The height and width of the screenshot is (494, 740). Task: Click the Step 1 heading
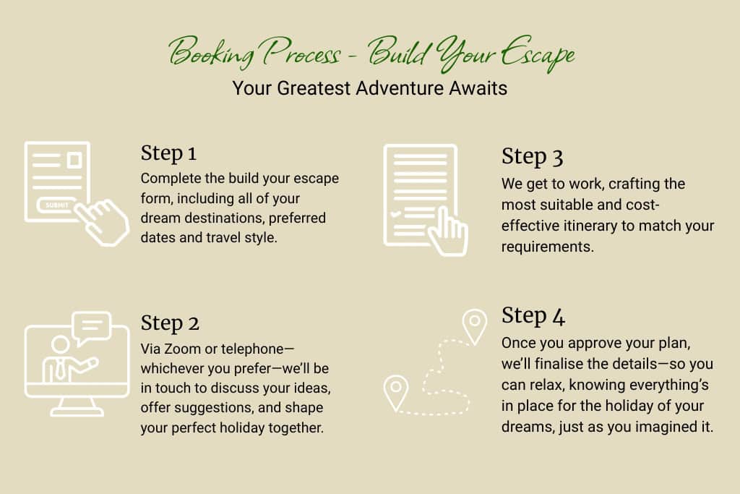click(168, 153)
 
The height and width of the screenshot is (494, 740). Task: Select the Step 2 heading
click(170, 323)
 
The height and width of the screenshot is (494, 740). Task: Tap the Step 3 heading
click(533, 157)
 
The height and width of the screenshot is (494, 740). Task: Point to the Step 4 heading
click(533, 315)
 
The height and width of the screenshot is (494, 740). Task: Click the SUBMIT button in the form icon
click(56, 205)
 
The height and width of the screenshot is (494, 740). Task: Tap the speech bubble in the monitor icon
click(92, 328)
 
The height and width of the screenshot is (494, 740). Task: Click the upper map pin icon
click(474, 326)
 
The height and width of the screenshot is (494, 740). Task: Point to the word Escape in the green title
click(538, 54)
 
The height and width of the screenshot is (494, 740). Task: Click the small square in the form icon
click(74, 160)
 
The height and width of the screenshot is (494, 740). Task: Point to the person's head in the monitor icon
click(61, 344)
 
